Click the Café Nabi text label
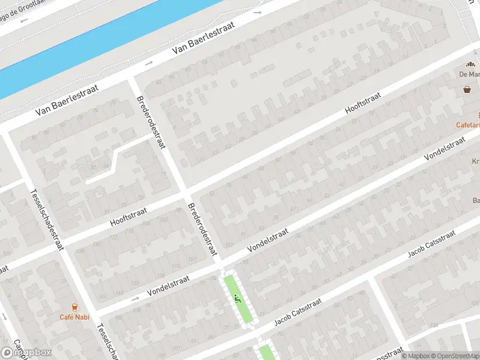click(x=74, y=317)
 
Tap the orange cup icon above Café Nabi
click(x=74, y=307)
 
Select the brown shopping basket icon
click(x=467, y=90)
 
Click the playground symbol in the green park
click(x=238, y=295)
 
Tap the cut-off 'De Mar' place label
click(x=469, y=74)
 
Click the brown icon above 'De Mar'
click(x=470, y=65)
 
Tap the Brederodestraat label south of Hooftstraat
click(x=202, y=229)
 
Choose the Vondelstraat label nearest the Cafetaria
click(x=445, y=148)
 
